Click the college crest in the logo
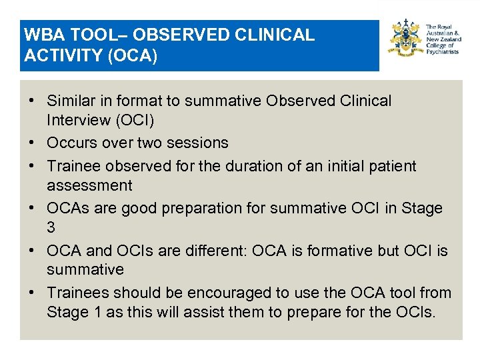pyautogui.click(x=406, y=39)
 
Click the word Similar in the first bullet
pyautogui.click(x=71, y=101)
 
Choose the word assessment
pyautogui.click(x=89, y=185)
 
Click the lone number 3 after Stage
pyautogui.click(x=51, y=227)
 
